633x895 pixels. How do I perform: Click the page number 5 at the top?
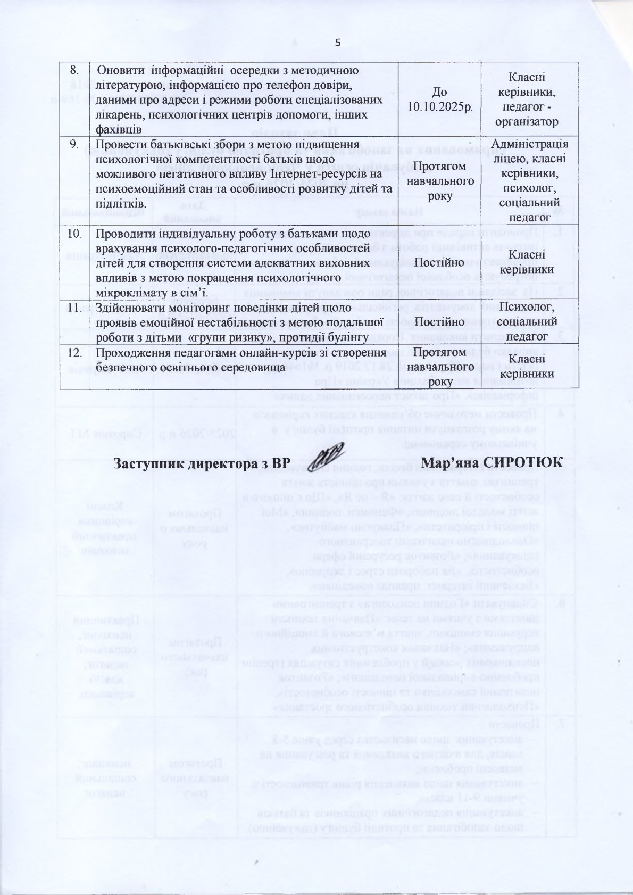(337, 43)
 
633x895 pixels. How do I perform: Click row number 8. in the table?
(74, 70)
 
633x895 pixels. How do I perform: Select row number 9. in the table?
(76, 144)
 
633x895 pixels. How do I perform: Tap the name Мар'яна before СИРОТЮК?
(449, 463)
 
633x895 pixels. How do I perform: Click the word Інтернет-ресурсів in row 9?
(331, 174)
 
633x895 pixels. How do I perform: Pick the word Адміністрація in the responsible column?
(530, 144)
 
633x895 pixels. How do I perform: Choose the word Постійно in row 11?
(439, 322)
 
